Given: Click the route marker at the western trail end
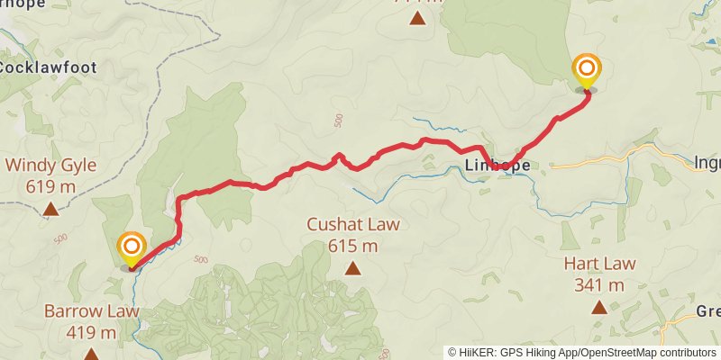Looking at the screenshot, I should click(x=132, y=247).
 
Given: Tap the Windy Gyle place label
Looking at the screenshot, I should click(x=50, y=166).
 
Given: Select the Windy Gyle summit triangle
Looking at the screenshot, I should click(x=50, y=211).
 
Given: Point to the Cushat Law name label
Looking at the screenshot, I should click(x=352, y=225).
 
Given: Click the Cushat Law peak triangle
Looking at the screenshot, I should click(x=352, y=268).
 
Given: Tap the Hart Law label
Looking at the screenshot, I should click(x=599, y=264).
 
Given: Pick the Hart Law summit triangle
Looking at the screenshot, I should click(x=599, y=307).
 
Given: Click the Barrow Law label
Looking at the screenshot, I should click(x=91, y=311).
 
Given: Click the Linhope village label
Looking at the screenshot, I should click(x=497, y=166).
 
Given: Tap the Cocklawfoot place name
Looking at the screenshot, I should click(x=47, y=67).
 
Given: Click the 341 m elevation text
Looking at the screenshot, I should click(x=599, y=285).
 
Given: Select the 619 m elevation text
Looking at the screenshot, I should click(x=50, y=187).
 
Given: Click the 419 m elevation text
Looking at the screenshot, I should click(x=91, y=333).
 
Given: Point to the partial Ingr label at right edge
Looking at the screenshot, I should click(x=707, y=163).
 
